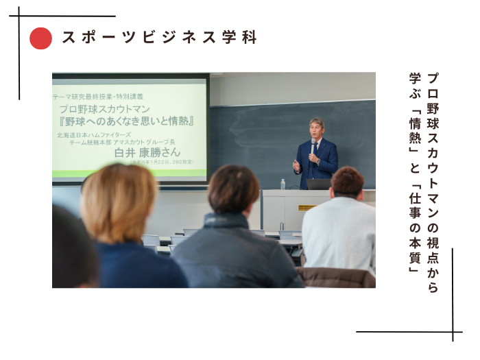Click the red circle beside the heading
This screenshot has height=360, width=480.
pos(41,38)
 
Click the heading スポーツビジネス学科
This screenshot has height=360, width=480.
pos(158,38)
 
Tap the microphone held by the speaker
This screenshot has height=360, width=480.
pos(313,147)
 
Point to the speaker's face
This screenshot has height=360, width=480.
pos(316,130)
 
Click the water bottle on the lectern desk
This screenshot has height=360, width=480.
pos(283,184)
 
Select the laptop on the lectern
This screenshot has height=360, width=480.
pos(317,184)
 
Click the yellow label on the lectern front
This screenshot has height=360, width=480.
pos(306,206)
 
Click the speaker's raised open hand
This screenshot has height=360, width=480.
pos(296,165)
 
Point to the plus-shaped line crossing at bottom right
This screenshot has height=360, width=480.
pos(453,333)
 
